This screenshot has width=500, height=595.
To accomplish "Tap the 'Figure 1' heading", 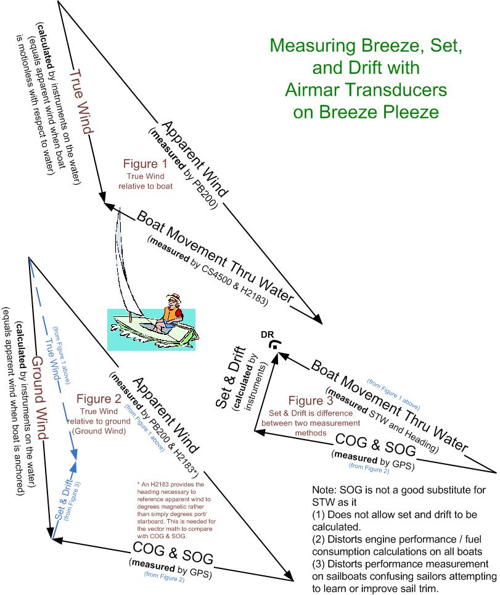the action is (x=145, y=163).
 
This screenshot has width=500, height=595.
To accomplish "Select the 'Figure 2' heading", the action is (x=99, y=398).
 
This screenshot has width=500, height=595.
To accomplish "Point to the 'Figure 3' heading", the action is (x=311, y=400).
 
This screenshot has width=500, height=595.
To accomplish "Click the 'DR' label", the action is (x=267, y=335).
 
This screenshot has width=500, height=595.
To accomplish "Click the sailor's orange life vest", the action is (x=171, y=314).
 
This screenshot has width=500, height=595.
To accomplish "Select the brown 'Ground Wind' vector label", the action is (x=39, y=398).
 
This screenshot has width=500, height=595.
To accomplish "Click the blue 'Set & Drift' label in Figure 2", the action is (x=64, y=499).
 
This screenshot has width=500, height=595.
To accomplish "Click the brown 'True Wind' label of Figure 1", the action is (x=81, y=101).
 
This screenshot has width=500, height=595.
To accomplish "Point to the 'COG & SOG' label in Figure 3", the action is (x=375, y=445).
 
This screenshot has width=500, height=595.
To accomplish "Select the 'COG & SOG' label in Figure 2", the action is (x=173, y=553).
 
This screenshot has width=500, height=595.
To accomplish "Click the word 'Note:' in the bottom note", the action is (x=324, y=490).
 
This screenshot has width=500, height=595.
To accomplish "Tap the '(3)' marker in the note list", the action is (x=318, y=564).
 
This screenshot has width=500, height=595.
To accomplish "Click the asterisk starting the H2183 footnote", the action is (x=139, y=484).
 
